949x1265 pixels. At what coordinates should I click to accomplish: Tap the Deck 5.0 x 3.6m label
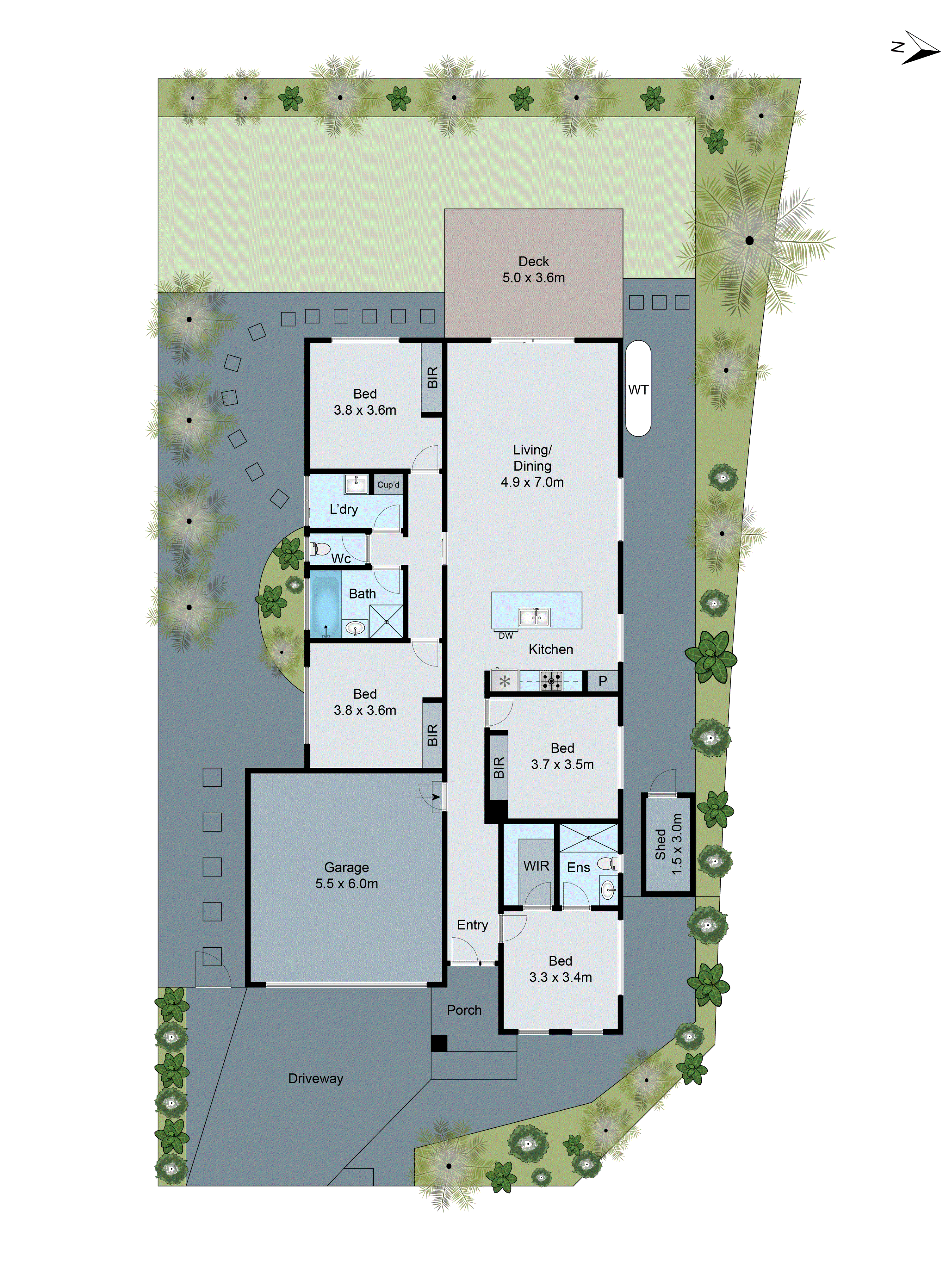[533, 270]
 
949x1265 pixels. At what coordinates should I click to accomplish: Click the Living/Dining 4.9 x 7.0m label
[532, 466]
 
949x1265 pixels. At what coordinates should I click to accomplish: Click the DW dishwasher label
[506, 636]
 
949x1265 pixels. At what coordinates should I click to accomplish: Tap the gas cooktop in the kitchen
[551, 680]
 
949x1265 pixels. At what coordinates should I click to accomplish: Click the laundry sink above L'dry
[356, 484]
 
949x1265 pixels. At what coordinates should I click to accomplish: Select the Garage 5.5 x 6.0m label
[346, 876]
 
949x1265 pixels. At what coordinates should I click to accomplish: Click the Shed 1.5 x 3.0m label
[668, 844]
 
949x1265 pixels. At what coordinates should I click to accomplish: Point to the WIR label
[536, 866]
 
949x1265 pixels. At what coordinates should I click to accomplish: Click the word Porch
[464, 1010]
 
